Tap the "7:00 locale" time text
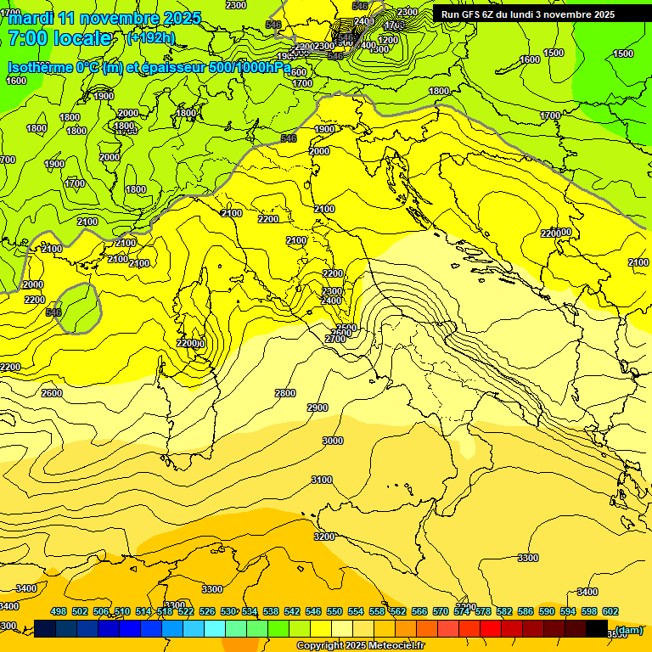[x=59, y=38]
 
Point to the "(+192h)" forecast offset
[x=150, y=38]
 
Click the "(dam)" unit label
[x=628, y=629]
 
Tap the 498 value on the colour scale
[x=59, y=611]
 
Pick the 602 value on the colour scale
[x=610, y=611]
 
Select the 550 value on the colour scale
[x=334, y=611]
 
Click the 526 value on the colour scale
[x=207, y=611]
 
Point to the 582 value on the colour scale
[x=503, y=611]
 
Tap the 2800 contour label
[x=285, y=393]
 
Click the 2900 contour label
[x=317, y=408]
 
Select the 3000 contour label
[x=333, y=441]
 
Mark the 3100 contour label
[x=322, y=480]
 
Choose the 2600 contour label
[x=52, y=393]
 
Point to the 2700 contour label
[x=335, y=339]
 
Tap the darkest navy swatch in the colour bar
[x=45, y=628]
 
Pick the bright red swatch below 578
[x=490, y=628]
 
